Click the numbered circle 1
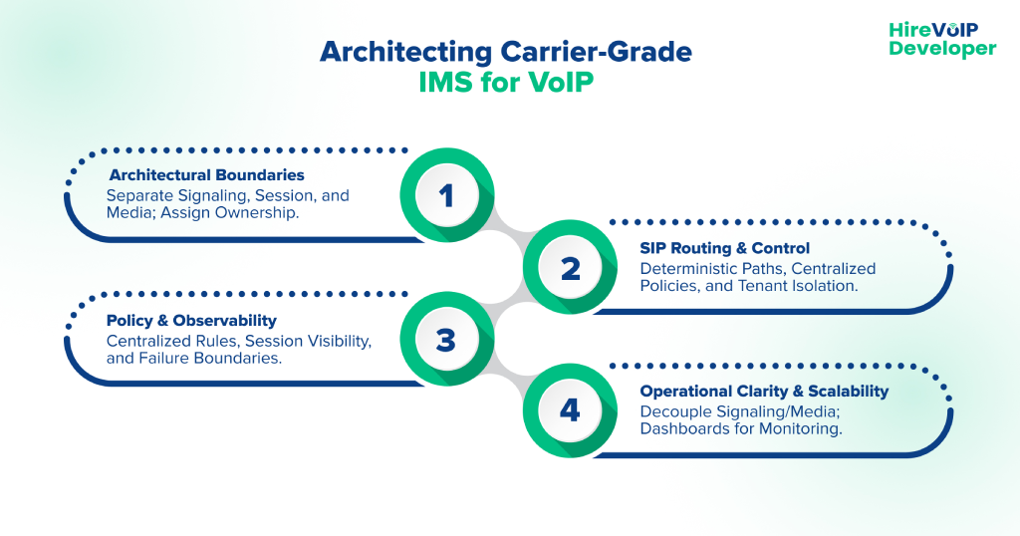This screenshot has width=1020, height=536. tap(446, 195)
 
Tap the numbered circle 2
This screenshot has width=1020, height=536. tap(570, 268)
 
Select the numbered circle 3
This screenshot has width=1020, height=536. tap(446, 341)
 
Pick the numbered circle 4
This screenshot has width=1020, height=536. tap(570, 410)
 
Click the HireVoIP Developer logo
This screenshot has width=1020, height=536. tap(941, 39)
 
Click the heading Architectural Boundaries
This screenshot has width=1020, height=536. tap(206, 174)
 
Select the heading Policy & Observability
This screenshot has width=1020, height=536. tap(191, 321)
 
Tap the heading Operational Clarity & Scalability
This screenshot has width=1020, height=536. tap(764, 392)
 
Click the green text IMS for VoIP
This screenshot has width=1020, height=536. tap(508, 82)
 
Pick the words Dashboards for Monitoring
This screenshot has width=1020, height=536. tap(741, 429)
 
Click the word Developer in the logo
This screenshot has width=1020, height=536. tap(941, 49)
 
